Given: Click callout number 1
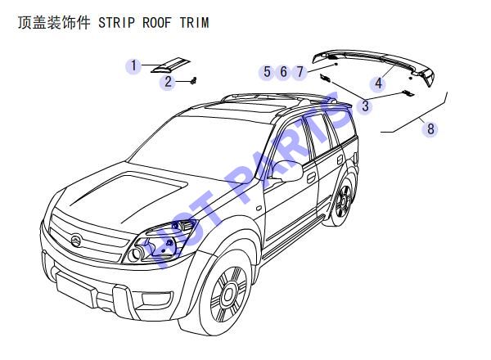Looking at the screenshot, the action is pyautogui.click(x=134, y=66).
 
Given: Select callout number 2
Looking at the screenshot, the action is pyautogui.click(x=168, y=82).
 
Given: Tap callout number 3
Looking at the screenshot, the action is pyautogui.click(x=365, y=106).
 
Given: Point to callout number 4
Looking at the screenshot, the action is pyautogui.click(x=379, y=83).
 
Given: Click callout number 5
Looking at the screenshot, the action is pyautogui.click(x=267, y=72).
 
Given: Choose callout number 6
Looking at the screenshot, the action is pyautogui.click(x=283, y=72).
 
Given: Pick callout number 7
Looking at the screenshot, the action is pyautogui.click(x=300, y=72).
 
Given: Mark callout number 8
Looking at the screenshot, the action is pyautogui.click(x=430, y=128).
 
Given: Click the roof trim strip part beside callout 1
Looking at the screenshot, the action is pyautogui.click(x=171, y=65).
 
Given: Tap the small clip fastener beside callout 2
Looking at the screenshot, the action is pyautogui.click(x=194, y=81).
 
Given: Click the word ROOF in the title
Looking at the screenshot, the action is pyautogui.click(x=157, y=23).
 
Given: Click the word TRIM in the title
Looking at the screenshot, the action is pyautogui.click(x=195, y=23).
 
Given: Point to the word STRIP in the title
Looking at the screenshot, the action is pyautogui.click(x=116, y=23).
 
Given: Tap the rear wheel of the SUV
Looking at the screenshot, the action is pyautogui.click(x=344, y=200).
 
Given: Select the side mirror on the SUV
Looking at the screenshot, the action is pyautogui.click(x=288, y=171).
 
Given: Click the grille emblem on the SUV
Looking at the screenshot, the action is pyautogui.click(x=76, y=241).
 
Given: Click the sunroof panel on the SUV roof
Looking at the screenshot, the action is pyautogui.click(x=247, y=106).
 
